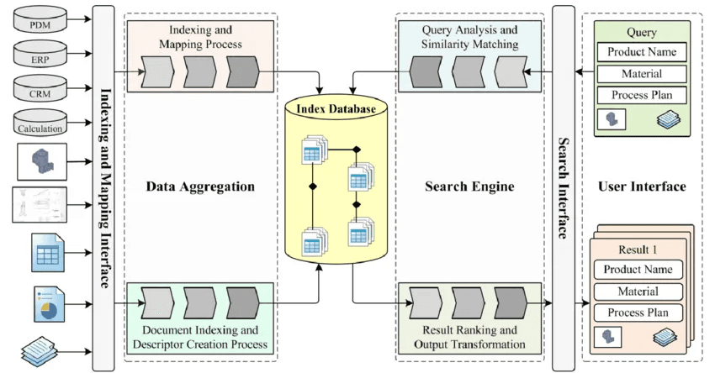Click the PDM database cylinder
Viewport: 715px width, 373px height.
40,24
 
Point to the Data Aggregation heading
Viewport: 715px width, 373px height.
200,186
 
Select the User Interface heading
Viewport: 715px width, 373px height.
642,186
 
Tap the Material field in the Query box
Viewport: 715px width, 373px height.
642,74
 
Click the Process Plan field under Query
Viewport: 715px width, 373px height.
642,95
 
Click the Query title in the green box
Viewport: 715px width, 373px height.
642,32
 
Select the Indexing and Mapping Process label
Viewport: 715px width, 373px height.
199,37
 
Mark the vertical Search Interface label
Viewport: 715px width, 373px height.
562,186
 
